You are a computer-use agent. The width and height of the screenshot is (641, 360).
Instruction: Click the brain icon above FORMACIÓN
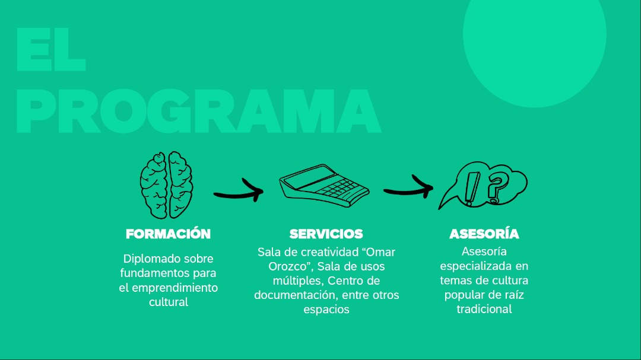(166, 185)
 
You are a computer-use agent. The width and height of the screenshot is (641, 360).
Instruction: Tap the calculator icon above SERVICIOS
(324, 186)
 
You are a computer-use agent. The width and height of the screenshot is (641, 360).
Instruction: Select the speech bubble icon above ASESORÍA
(483, 185)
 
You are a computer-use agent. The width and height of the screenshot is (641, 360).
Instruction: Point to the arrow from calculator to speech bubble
(408, 190)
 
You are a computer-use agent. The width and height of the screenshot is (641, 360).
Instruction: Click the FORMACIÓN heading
(168, 234)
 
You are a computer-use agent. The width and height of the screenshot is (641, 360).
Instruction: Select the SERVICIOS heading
(326, 234)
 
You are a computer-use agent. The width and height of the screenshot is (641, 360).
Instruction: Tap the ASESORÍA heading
(484, 233)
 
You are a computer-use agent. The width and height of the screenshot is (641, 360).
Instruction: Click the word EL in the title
(51, 49)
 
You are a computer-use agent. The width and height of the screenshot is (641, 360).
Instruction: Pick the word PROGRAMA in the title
(199, 111)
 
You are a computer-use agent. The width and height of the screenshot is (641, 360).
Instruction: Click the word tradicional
(484, 310)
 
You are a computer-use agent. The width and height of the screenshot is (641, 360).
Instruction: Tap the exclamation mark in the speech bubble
(471, 189)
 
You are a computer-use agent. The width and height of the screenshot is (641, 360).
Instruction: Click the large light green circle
(534, 45)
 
